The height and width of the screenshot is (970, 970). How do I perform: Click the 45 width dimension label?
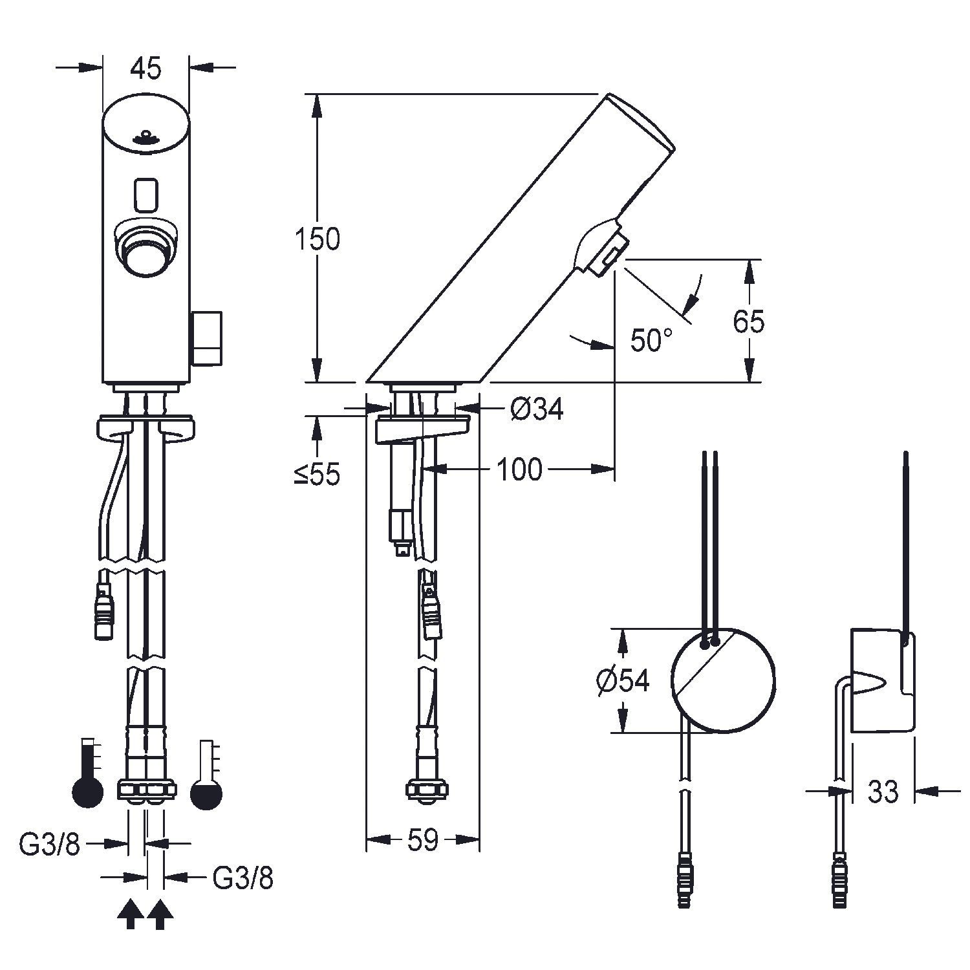coord(145,68)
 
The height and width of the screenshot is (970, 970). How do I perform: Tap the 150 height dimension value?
coord(317,239)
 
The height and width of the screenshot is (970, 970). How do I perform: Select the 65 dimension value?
coord(749,321)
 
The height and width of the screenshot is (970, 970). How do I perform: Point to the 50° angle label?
coord(651,340)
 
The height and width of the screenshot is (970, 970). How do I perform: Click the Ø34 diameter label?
coord(537,408)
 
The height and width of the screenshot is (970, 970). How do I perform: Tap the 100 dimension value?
coord(519,469)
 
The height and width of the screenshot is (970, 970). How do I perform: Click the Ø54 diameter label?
coord(623,680)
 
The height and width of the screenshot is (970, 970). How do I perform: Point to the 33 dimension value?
coord(883,790)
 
